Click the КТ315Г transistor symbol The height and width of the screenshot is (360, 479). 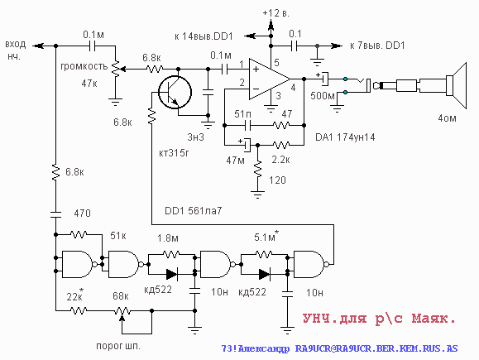pos(175,92)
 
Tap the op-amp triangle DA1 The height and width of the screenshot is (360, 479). pos(270,79)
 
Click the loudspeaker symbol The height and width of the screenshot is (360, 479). pos(456,85)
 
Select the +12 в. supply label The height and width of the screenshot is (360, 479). pos(275,13)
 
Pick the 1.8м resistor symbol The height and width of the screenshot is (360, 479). pos(171,253)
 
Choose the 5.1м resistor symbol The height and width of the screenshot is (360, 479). pos(264,253)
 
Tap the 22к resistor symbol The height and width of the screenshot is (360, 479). pos(79,310)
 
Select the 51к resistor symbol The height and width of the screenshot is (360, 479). pos(79,234)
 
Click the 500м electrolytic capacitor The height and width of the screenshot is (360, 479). pos(323,79)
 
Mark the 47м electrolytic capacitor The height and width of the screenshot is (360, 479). pos(247,145)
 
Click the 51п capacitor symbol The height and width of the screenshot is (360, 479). pos(248,125)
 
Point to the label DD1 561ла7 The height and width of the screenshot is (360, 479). pos(193,211)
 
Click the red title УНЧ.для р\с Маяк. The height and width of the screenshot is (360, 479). pos(379,319)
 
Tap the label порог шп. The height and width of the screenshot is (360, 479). pos(118,346)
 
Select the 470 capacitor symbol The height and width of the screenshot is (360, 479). pos(55,214)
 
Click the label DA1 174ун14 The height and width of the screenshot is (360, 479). pos(345,137)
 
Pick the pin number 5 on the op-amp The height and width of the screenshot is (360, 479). pos(276,63)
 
